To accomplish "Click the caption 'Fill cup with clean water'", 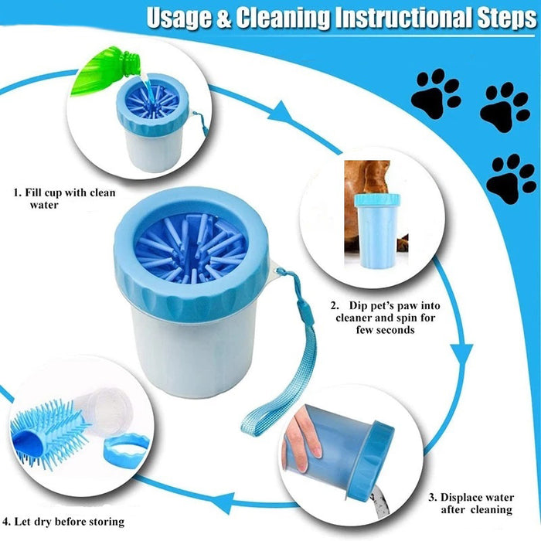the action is tap(64, 199).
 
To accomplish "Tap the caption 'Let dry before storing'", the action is tap(64, 521).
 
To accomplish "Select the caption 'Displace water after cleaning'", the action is tap(471, 503).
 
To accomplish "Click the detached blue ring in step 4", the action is tap(126, 450).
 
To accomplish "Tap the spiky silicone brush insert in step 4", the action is tap(49, 433).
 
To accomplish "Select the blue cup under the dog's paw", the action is tap(377, 230).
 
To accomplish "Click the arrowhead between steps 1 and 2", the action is tap(281, 112).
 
